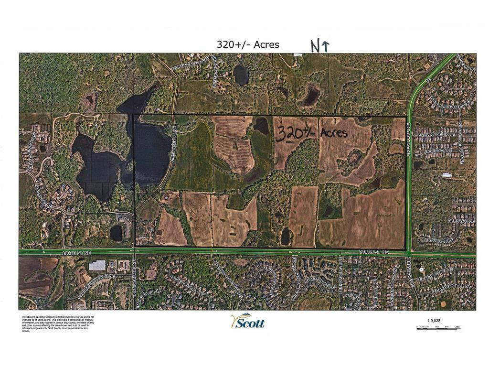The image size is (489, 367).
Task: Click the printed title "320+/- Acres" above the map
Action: tap(248, 44)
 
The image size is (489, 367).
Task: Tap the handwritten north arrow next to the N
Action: tap(326, 45)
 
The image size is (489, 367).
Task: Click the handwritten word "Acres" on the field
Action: tap(334, 132)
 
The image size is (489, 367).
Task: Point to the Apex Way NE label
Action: tap(460, 221)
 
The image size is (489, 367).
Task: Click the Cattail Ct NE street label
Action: tap(439, 240)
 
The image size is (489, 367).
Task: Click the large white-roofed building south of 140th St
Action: tap(97, 265)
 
